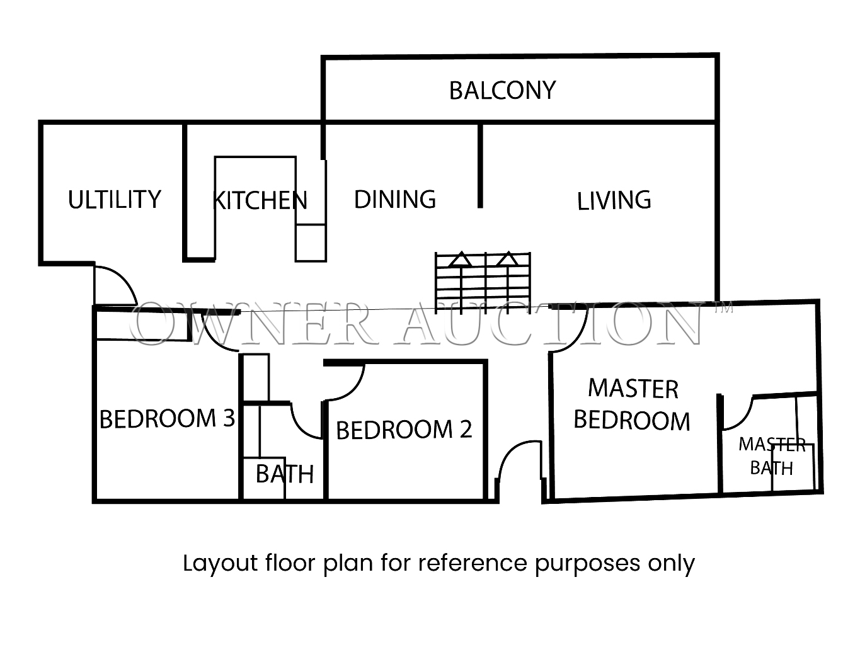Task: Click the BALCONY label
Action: pos(502,91)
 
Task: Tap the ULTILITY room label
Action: pos(115,199)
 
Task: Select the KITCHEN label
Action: pos(260,200)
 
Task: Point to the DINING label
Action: pos(395,199)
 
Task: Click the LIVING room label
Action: pos(614,200)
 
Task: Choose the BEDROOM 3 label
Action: pos(168,418)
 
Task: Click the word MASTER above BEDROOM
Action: pos(633,389)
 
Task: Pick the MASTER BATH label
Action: pos(772,456)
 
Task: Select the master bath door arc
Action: pos(743,420)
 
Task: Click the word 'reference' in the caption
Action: pos(473,563)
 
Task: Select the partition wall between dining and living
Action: pos(480,166)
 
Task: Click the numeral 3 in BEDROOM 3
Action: pos(229,418)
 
